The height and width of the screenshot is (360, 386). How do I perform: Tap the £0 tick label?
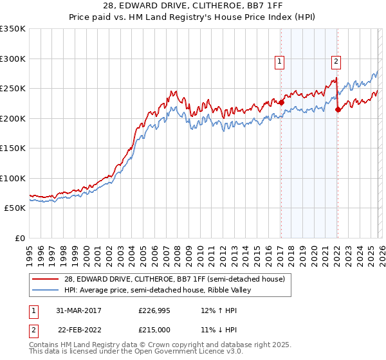(x=19, y=238)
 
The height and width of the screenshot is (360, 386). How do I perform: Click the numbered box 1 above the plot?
(x=280, y=62)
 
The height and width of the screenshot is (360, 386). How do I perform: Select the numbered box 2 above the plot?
(x=336, y=62)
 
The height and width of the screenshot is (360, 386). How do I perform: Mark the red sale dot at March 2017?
(x=281, y=102)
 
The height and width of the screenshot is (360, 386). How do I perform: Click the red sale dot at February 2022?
(x=338, y=109)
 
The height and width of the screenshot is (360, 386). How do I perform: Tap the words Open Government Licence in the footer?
(x=190, y=352)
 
